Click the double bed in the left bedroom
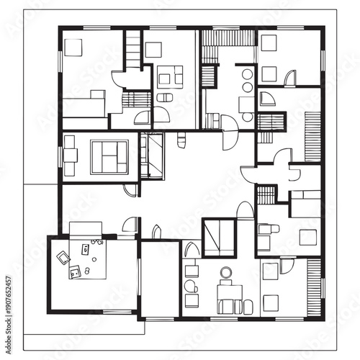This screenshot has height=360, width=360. (x=109, y=156)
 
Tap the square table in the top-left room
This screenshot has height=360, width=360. (x=74, y=47)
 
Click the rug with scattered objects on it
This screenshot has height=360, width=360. (x=81, y=260)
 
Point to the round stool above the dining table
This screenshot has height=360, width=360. (x=226, y=271)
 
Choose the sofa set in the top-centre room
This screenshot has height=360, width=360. (x=170, y=75)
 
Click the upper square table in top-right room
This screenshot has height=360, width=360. (x=269, y=44)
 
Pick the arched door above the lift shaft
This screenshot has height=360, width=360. (x=245, y=210)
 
